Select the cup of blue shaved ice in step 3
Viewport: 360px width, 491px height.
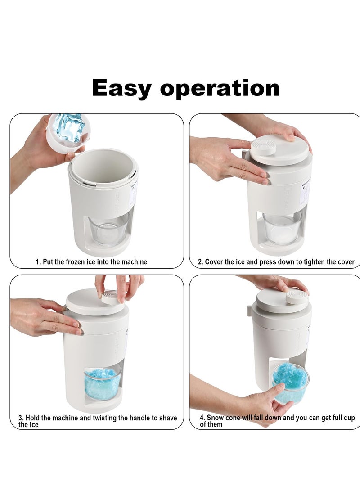(103, 383)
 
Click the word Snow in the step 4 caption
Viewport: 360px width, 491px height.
(214, 418)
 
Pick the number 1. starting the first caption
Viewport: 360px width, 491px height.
(38, 261)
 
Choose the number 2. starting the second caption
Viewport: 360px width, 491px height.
(201, 261)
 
